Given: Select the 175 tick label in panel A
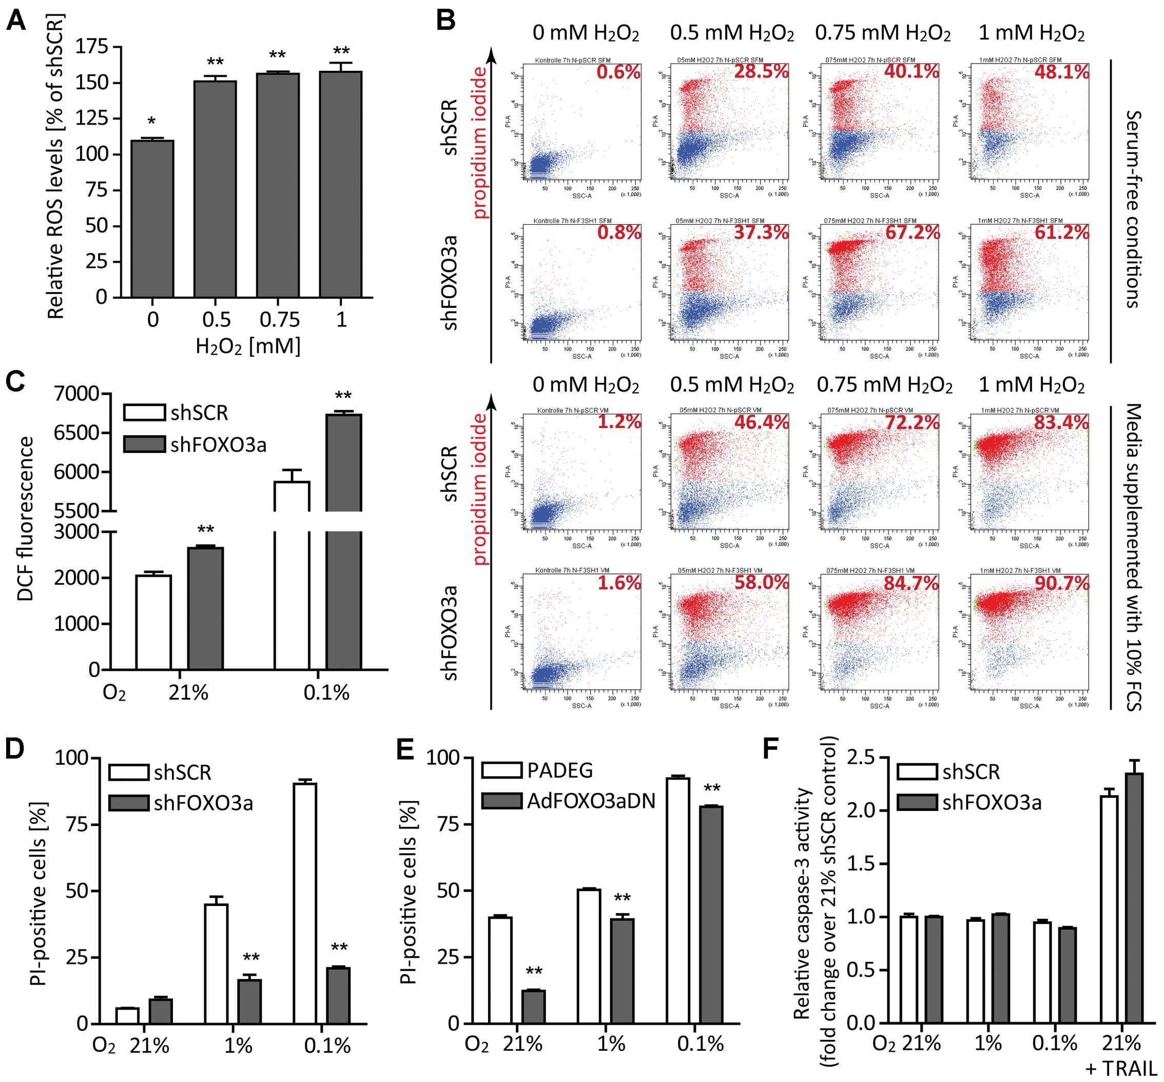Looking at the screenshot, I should [x=92, y=47].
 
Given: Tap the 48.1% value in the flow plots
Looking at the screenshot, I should [x=1061, y=72].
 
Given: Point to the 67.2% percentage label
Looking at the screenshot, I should [x=912, y=232].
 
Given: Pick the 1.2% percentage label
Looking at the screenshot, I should [x=619, y=421].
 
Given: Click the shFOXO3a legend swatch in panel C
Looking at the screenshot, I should [x=144, y=445].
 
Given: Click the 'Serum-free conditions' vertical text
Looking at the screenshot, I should [x=1134, y=209].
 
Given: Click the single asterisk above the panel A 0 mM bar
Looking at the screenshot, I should [x=151, y=121].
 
